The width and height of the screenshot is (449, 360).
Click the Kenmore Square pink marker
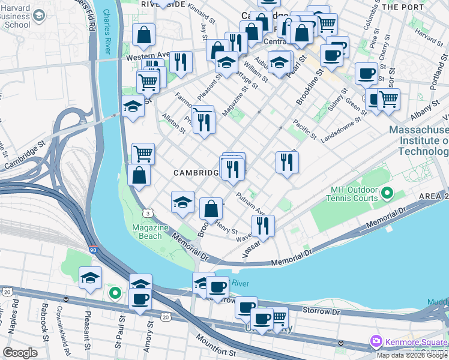coord(376,341)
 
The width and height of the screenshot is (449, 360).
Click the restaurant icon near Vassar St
coord(263,226)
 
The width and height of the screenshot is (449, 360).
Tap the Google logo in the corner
coord(20,353)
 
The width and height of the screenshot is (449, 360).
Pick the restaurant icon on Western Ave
coord(179,61)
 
